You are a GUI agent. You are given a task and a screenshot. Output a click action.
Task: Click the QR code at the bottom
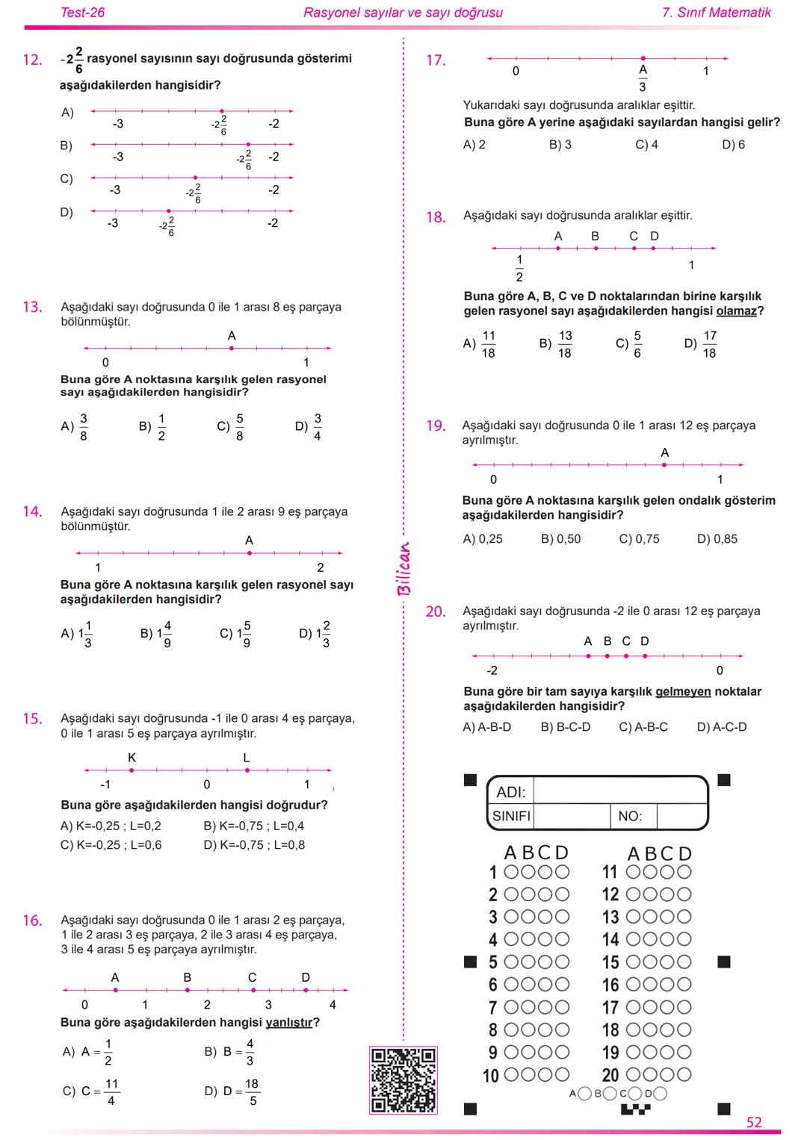[x=403, y=1080]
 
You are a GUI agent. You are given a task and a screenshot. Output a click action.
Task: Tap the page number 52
[x=754, y=1122]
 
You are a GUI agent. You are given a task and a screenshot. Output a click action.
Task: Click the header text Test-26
[x=82, y=13]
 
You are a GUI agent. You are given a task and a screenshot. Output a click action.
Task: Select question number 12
[x=32, y=60]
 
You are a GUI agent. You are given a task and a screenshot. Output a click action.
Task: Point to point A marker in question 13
[x=232, y=348]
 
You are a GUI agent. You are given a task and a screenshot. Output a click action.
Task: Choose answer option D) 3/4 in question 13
[x=309, y=427]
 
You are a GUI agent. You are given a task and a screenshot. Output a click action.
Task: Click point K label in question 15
[x=132, y=758]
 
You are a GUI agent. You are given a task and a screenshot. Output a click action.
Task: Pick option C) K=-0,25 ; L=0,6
[x=111, y=845]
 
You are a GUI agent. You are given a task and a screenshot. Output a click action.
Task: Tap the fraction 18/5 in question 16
[x=252, y=1091]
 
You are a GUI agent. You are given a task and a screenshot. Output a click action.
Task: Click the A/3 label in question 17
[x=643, y=78]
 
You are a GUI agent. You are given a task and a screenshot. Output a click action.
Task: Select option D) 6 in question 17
[x=733, y=145]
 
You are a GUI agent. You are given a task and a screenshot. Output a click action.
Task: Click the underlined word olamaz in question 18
[x=736, y=311]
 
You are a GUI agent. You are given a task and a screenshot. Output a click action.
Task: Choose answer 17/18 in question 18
[x=709, y=344]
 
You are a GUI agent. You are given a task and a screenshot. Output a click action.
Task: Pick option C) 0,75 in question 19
[x=639, y=539]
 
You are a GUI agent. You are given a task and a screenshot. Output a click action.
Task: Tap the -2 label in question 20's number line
[x=492, y=670]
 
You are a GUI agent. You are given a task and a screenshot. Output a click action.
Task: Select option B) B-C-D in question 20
[x=565, y=727]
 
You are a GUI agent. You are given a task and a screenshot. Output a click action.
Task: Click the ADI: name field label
[x=511, y=792]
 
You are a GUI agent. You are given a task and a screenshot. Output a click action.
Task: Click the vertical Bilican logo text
[x=403, y=569]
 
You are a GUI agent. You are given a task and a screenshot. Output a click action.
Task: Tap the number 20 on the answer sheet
[x=610, y=1075]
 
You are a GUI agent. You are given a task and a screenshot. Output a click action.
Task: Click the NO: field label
[x=630, y=817]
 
